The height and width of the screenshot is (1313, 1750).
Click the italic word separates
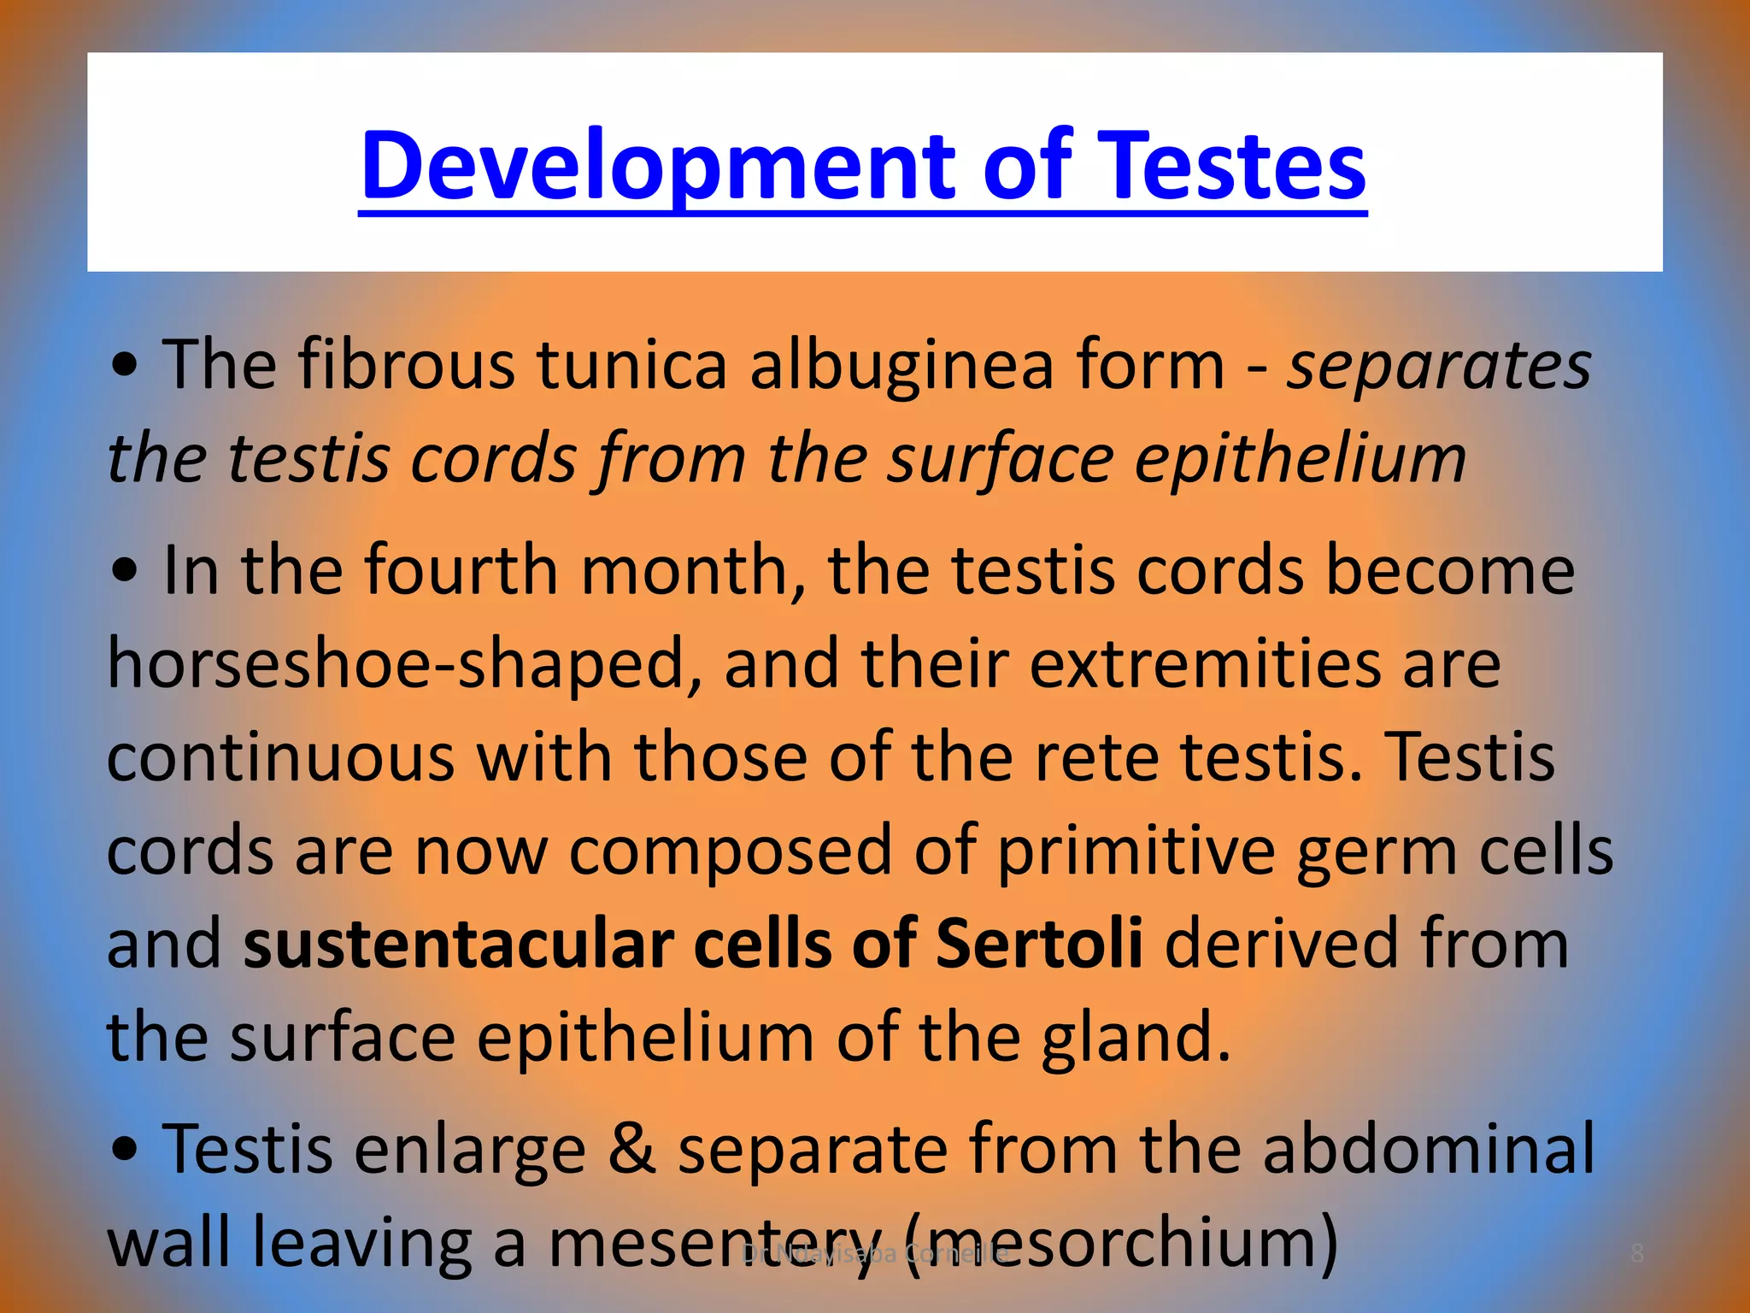(x=1439, y=366)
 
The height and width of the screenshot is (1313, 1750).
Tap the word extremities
(x=1206, y=664)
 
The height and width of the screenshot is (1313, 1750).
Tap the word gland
(x=1136, y=1038)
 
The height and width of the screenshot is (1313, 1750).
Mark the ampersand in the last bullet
(x=631, y=1150)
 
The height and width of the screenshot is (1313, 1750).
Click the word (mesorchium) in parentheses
(x=1119, y=1244)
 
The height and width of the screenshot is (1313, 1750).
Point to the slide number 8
(x=1637, y=1253)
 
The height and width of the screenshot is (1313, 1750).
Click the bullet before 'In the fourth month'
(x=125, y=571)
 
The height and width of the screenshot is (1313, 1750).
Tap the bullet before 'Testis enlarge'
(x=125, y=1151)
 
